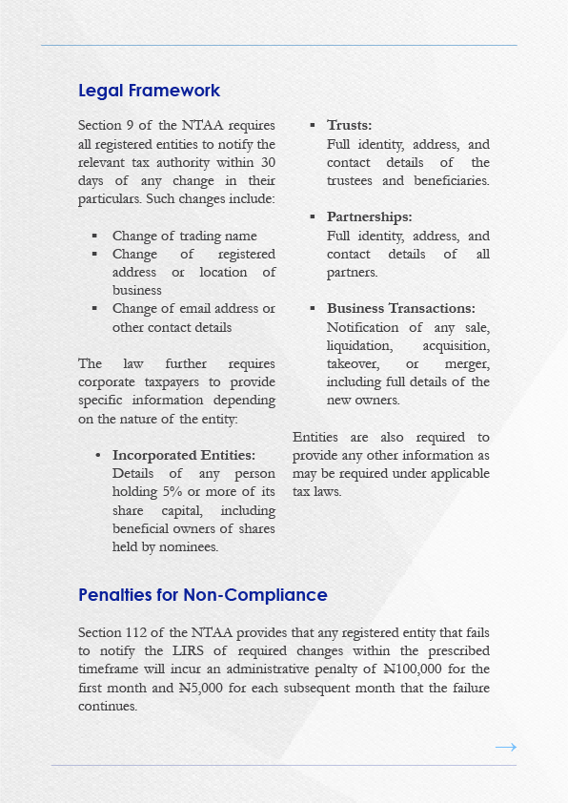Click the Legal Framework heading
click(149, 91)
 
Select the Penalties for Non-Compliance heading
click(202, 595)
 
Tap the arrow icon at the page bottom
click(506, 747)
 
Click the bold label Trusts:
click(349, 126)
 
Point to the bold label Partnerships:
click(369, 217)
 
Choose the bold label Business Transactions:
click(400, 309)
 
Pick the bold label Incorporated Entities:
click(184, 456)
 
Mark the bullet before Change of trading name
click(94, 237)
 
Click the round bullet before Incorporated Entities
click(99, 456)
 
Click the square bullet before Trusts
click(313, 126)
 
